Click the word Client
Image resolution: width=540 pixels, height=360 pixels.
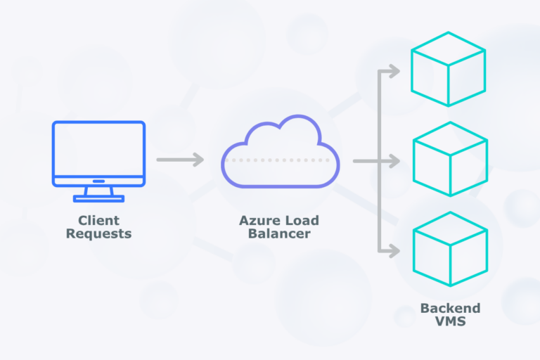[x=98, y=220]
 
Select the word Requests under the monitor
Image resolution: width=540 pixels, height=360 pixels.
[x=98, y=233]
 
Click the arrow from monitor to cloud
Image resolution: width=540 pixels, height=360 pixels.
[x=179, y=160]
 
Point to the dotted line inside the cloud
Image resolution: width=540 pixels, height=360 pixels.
[x=281, y=160]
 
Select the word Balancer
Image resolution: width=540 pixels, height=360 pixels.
[x=279, y=233]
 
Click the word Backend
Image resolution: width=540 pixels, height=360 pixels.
[x=450, y=308]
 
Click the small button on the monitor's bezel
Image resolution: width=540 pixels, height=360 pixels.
[x=98, y=181]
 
